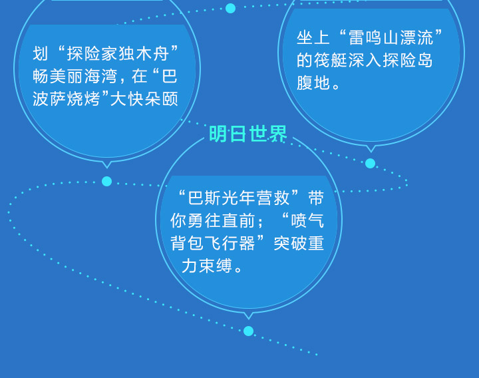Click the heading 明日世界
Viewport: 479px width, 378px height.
point(247,134)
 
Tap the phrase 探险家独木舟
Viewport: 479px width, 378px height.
point(118,54)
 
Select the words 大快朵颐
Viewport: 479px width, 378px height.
point(144,99)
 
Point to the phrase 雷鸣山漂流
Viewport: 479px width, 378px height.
point(391,38)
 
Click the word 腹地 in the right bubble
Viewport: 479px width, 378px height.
point(313,83)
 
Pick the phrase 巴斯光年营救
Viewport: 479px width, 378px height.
point(239,198)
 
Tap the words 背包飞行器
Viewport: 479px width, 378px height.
point(213,244)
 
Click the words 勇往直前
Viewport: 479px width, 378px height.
point(221,221)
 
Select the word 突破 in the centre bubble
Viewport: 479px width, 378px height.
point(290,244)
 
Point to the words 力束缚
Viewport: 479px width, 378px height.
point(207,266)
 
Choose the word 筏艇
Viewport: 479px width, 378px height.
point(331,60)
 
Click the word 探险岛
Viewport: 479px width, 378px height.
point(408,60)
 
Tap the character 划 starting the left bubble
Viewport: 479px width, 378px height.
point(41,54)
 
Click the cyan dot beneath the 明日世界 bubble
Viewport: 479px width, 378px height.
point(248,331)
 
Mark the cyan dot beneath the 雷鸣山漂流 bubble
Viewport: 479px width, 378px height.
point(371,163)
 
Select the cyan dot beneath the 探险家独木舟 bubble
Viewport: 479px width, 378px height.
point(106,181)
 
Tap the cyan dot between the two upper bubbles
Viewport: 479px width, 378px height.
point(230,8)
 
